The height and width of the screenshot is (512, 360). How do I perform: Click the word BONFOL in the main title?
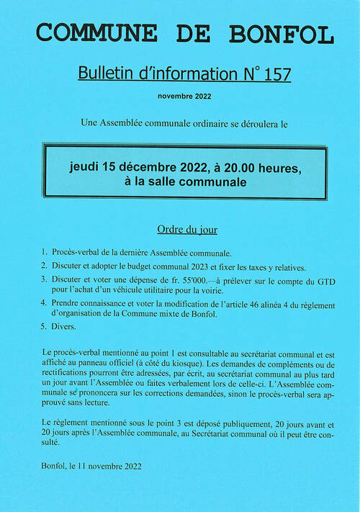tap(283, 33)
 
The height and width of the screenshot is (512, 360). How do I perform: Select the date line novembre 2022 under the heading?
tap(185, 96)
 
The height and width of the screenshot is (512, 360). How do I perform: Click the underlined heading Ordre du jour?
tap(187, 230)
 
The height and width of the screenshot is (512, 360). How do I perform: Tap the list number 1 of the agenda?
tap(44, 253)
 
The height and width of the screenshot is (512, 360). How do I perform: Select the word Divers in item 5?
tap(63, 326)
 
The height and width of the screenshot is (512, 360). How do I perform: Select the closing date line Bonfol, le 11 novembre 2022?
tap(92, 466)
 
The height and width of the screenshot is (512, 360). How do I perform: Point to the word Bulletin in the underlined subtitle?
tap(103, 74)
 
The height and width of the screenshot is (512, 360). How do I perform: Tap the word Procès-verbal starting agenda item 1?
tap(78, 253)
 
